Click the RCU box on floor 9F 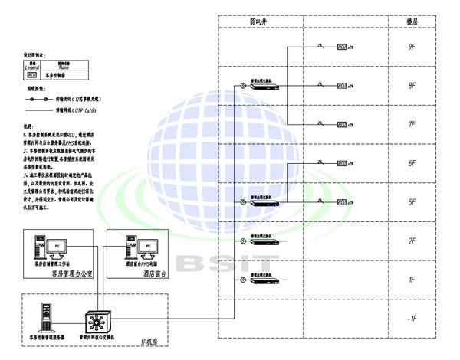click(x=341, y=47)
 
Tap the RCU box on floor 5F click(x=341, y=202)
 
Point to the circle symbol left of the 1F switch click(x=241, y=277)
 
